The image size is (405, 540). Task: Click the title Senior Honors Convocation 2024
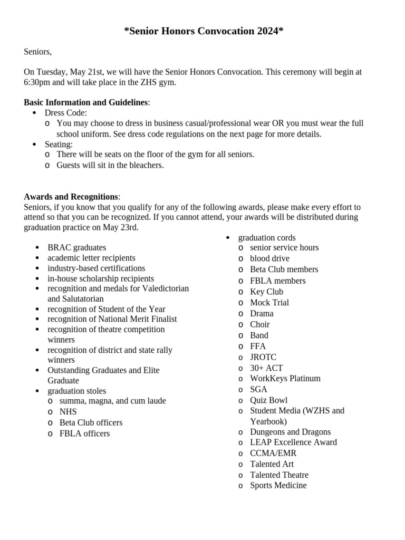click(x=204, y=31)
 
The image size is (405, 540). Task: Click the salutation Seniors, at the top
click(x=37, y=52)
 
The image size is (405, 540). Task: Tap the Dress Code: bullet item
click(x=65, y=113)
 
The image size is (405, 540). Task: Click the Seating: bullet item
click(x=59, y=144)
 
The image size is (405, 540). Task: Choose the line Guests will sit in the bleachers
click(x=110, y=165)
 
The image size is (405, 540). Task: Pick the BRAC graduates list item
click(x=76, y=247)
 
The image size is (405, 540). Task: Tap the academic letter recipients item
click(x=91, y=258)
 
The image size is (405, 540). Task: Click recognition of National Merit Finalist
click(x=112, y=319)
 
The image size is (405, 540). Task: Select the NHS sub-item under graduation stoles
click(x=68, y=412)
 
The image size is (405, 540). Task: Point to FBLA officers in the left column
click(x=84, y=433)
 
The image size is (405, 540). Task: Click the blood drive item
click(x=269, y=258)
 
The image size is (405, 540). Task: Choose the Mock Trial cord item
click(x=269, y=302)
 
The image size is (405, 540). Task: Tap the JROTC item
click(x=263, y=357)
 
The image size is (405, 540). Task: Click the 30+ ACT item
click(x=266, y=368)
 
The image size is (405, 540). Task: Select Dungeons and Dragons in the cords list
click(x=290, y=432)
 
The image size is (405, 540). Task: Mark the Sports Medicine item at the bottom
click(x=278, y=485)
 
